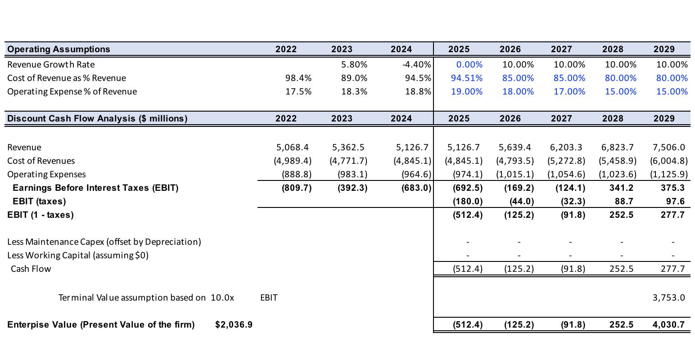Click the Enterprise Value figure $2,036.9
point(234,324)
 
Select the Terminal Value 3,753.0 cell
point(668,297)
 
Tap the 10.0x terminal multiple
point(222,297)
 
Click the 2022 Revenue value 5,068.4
point(292,147)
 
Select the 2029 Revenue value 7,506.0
point(668,147)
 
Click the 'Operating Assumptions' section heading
point(59,49)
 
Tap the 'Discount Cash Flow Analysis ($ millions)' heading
point(97,118)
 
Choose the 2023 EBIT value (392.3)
point(352,188)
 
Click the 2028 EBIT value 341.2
point(621,188)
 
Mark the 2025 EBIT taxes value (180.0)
point(467,201)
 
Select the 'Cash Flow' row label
point(31,269)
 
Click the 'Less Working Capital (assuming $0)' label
point(78,255)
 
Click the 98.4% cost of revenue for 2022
point(298,78)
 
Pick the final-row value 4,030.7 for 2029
point(668,324)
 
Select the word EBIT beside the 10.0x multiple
point(269,297)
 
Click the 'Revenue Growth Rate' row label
point(51,64)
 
